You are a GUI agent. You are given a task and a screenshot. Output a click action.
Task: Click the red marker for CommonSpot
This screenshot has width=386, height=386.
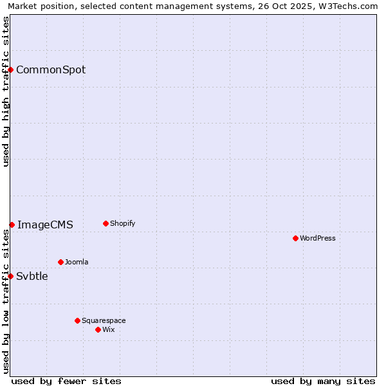(x=11, y=69)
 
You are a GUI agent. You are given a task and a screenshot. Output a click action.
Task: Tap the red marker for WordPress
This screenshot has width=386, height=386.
(x=295, y=238)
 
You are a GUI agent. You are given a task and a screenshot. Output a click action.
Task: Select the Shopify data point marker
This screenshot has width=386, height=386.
(x=106, y=223)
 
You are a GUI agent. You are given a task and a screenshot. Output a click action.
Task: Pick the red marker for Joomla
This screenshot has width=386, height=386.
(x=60, y=262)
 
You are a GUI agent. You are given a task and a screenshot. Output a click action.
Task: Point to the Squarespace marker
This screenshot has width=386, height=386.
(x=77, y=320)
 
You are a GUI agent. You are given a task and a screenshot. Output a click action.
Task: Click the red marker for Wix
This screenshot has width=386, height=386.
(x=98, y=329)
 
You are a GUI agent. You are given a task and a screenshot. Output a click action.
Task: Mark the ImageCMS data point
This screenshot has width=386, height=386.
(x=12, y=225)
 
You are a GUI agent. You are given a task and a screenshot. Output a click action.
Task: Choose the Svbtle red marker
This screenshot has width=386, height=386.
(x=10, y=276)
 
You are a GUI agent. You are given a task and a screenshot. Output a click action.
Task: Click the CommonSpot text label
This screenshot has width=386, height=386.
(x=51, y=70)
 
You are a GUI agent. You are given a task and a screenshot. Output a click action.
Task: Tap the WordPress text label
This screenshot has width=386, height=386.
(x=318, y=239)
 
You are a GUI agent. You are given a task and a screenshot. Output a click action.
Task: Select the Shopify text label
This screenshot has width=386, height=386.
(x=123, y=224)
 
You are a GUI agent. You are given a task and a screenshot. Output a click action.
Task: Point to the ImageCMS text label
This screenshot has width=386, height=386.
(x=45, y=225)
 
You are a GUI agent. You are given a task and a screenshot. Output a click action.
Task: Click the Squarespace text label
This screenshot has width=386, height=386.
(x=104, y=321)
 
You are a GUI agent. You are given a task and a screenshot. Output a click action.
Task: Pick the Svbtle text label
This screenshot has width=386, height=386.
(x=32, y=277)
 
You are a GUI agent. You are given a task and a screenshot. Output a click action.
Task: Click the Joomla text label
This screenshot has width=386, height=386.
(x=77, y=262)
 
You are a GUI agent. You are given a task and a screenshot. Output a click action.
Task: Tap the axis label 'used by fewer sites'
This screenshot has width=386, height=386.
(x=66, y=381)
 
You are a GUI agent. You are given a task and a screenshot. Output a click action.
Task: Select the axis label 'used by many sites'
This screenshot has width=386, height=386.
(x=323, y=381)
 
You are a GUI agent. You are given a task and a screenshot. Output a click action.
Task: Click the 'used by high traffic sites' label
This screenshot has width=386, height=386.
(x=6, y=91)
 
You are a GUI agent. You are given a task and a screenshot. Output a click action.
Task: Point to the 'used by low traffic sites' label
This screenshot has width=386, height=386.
(x=6, y=301)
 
